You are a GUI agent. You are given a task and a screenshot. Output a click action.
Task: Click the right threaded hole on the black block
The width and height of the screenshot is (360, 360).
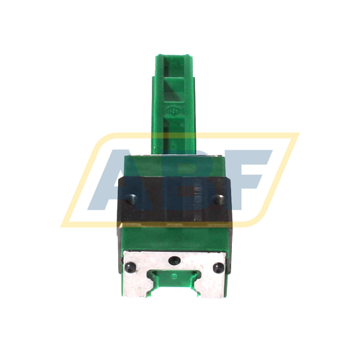(x=219, y=195)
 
